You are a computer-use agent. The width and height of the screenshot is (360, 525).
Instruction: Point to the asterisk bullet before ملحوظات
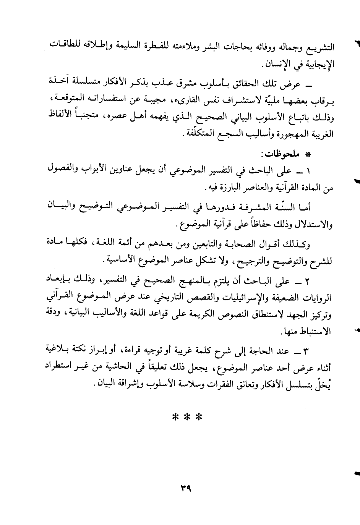(305, 155)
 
